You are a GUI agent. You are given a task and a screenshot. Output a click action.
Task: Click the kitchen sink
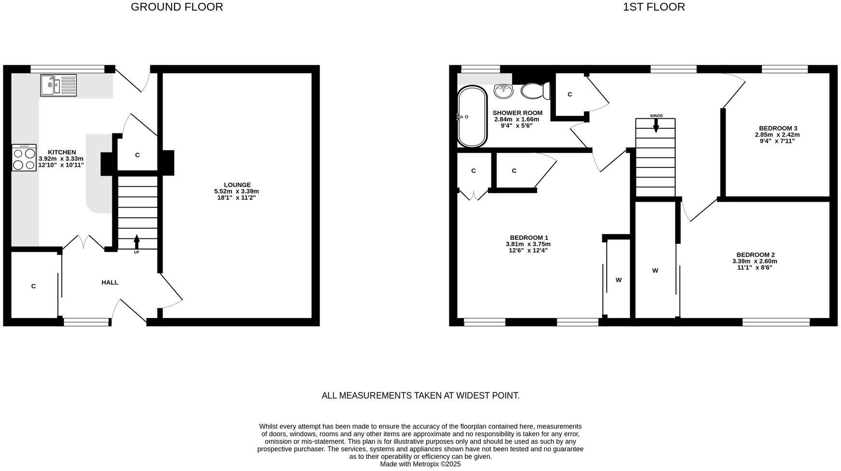coord(58,85)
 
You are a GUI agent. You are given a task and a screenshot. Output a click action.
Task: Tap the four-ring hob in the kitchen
coord(24,158)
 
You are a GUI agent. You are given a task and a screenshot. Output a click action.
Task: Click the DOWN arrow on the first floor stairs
coord(656,125)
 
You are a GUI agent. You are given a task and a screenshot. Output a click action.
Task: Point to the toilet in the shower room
coord(535,91)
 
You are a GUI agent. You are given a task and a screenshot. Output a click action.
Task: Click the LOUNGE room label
coord(237,185)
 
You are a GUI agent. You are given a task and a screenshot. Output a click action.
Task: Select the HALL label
coord(110,282)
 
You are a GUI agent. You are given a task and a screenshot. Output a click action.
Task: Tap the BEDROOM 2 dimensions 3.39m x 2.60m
coord(755,261)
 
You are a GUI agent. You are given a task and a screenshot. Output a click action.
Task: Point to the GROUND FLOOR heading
coord(177,7)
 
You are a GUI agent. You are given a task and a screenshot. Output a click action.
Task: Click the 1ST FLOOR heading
coord(654,7)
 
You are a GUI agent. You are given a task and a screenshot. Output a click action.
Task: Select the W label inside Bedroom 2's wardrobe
coord(655,271)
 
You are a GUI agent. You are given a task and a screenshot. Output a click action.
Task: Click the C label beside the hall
coord(33,286)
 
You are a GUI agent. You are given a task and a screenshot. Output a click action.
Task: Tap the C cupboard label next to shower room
coord(570,95)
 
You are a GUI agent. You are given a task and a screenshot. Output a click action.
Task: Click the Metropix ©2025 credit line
coord(420,464)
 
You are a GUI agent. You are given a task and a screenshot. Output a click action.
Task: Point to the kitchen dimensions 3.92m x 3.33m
coord(61,159)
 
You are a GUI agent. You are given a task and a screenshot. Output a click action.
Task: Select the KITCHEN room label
coord(62,152)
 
